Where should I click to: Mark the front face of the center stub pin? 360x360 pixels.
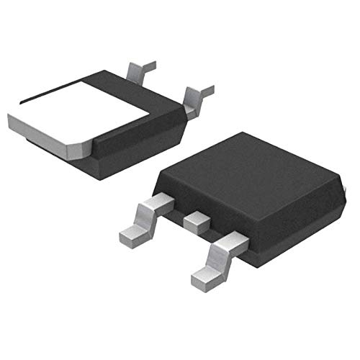[x=193, y=228]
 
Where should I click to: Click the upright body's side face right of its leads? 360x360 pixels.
[x=288, y=230]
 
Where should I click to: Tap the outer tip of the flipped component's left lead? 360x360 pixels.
[x=151, y=66]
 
